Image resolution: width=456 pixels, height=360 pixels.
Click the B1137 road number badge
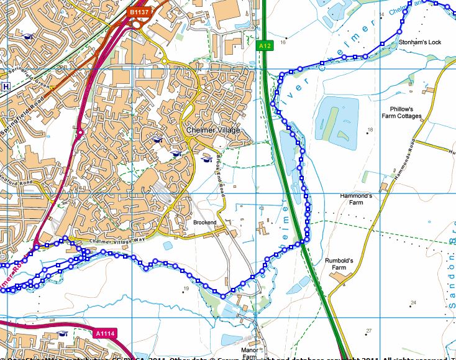(139, 12)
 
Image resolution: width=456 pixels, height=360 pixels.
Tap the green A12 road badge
(265, 45)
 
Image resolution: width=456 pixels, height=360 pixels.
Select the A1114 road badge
(105, 334)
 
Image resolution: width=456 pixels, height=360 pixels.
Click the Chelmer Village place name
(213, 131)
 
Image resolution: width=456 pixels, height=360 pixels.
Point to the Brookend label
(204, 221)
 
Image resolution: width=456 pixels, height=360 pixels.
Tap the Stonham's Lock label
(420, 42)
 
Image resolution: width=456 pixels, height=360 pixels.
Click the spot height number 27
(368, 330)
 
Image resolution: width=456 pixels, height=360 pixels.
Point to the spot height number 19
(185, 288)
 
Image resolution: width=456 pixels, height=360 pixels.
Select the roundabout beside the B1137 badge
(136, 25)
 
